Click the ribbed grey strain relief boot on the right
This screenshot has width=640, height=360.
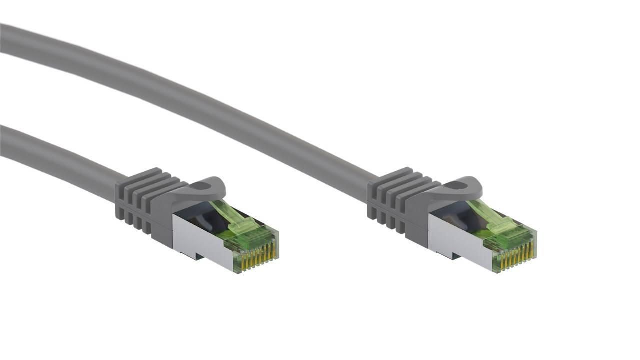pos(395,200)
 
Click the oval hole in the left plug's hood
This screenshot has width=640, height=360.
pos(205,187)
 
